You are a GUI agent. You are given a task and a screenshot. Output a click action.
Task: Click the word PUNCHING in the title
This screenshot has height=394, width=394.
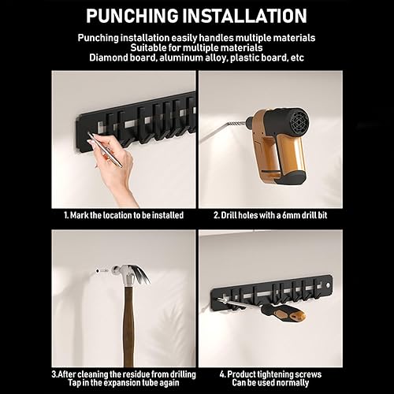pos(132,16)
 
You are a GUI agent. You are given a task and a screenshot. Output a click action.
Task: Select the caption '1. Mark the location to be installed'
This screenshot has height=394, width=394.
pos(123,214)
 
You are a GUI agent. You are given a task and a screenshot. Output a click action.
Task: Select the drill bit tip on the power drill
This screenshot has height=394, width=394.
pos(206,139)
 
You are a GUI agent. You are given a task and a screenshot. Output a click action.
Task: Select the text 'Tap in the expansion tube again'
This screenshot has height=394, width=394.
pos(124,384)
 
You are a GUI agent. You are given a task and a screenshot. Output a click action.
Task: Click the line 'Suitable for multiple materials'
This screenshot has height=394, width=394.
pos(196,47)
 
